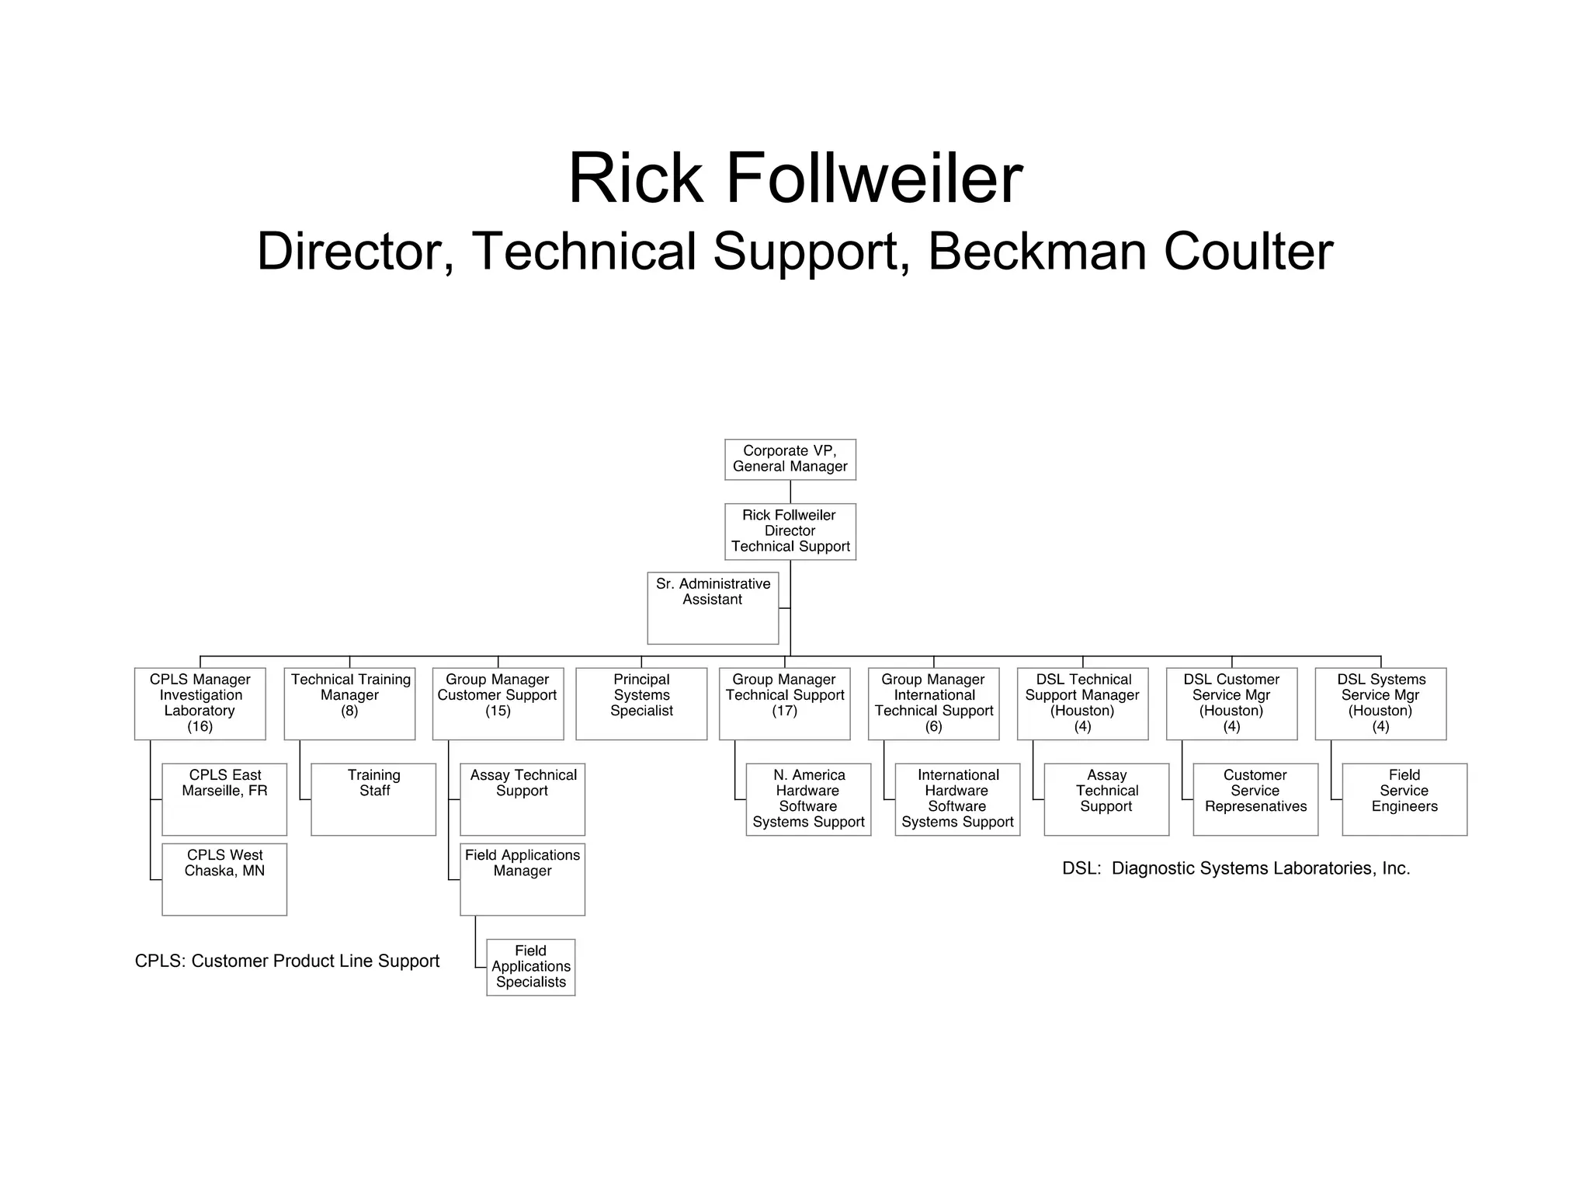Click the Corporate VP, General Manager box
click(x=790, y=459)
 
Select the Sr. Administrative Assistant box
click(x=713, y=607)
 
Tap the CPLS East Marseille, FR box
click(x=224, y=798)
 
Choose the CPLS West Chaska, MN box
click(x=224, y=878)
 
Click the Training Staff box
click(x=373, y=798)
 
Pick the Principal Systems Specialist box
click(x=641, y=703)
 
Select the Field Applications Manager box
click(x=522, y=878)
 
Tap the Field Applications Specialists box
click(x=531, y=966)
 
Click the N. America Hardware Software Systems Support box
click(x=808, y=798)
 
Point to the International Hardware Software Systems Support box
click(x=957, y=798)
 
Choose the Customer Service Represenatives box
click(x=1255, y=798)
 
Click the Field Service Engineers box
click(x=1404, y=798)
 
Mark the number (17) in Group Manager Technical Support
click(x=784, y=711)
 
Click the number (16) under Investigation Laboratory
click(x=200, y=727)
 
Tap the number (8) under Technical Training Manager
click(x=349, y=711)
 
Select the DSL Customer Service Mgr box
click(x=1231, y=703)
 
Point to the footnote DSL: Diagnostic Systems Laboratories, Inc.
click(x=1236, y=868)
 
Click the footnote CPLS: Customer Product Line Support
click(x=287, y=961)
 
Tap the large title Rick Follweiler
click(x=795, y=179)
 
